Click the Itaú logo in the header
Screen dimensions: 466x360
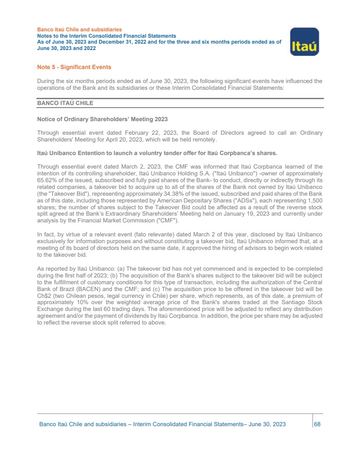tap(304, 42)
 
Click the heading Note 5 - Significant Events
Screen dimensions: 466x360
tap(74, 67)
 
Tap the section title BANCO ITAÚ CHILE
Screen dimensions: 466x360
tap(65, 103)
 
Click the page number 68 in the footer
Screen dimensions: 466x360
tap(317, 424)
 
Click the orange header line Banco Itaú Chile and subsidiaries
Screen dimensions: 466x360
tap(79, 30)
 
